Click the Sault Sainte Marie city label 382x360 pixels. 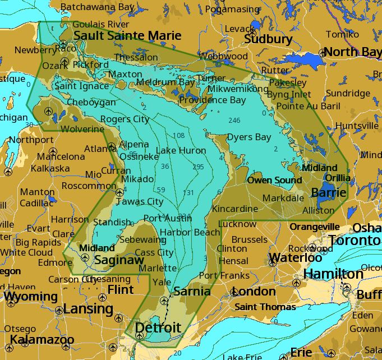(x=127, y=36)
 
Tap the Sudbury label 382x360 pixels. (x=268, y=39)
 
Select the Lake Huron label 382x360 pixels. (x=181, y=150)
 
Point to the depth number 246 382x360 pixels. (x=234, y=121)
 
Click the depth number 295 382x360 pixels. (x=198, y=167)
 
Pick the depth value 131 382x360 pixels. (x=188, y=192)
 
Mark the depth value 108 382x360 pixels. (x=178, y=136)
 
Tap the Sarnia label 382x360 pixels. (x=192, y=291)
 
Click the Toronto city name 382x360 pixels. (x=355, y=241)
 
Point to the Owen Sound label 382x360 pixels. (x=274, y=180)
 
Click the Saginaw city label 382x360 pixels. (x=119, y=260)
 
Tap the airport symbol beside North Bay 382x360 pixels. (x=323, y=53)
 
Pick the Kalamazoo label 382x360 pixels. (x=42, y=340)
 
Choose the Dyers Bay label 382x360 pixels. (x=248, y=137)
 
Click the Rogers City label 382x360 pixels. (x=125, y=119)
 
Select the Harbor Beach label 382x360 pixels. (x=190, y=232)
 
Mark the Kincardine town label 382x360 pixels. (x=235, y=209)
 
